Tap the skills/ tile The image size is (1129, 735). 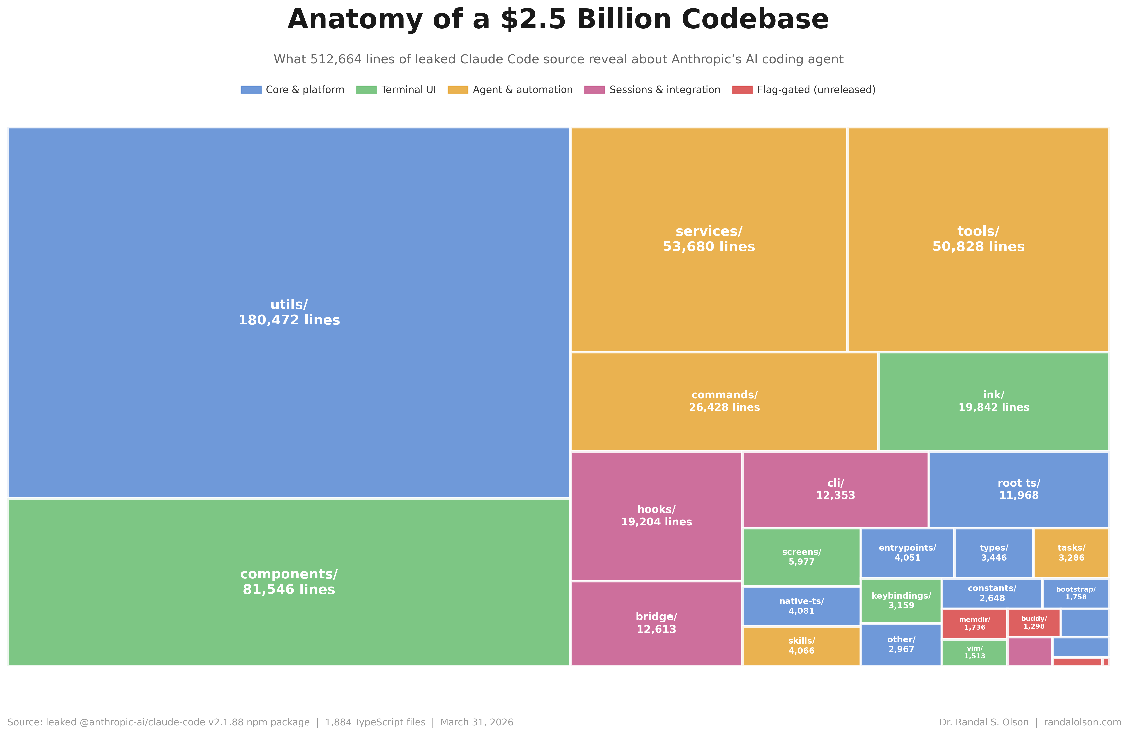(x=801, y=646)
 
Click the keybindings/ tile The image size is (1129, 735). (x=901, y=600)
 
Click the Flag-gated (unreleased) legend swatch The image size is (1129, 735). (x=742, y=90)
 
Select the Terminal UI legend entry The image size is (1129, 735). (x=408, y=90)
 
